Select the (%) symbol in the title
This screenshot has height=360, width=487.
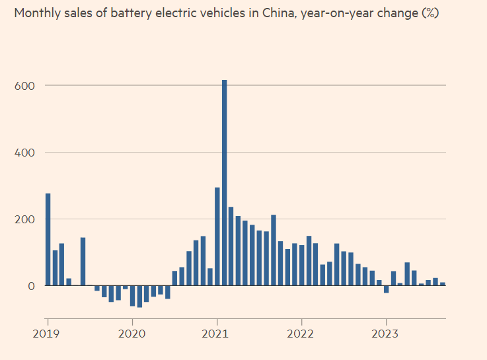pyautogui.click(x=430, y=13)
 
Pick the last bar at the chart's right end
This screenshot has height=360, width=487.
pyautogui.click(x=443, y=284)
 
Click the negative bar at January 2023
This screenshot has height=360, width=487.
pyautogui.click(x=386, y=289)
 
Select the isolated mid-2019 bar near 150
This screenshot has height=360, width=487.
pyautogui.click(x=83, y=262)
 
